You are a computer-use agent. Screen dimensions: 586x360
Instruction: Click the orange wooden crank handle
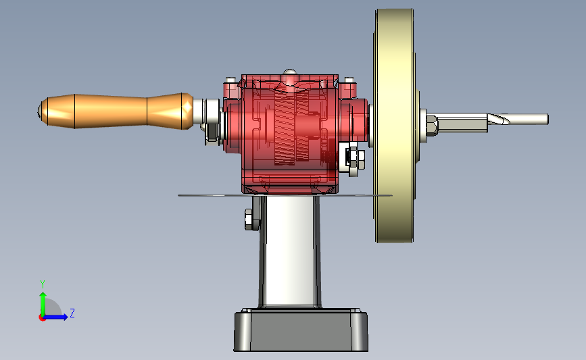(x=116, y=111)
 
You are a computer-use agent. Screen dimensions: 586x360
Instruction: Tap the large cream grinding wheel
(x=394, y=126)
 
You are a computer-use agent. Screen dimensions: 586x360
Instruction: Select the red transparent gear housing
(x=290, y=134)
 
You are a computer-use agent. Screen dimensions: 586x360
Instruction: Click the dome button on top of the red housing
(x=290, y=72)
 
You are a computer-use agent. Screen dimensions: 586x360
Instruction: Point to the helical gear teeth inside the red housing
(x=292, y=127)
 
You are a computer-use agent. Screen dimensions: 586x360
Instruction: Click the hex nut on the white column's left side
(x=249, y=220)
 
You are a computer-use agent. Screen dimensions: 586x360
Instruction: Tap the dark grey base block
(x=301, y=330)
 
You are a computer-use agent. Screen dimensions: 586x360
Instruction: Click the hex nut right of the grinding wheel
(x=432, y=126)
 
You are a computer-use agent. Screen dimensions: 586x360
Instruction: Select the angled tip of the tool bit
(x=499, y=119)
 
